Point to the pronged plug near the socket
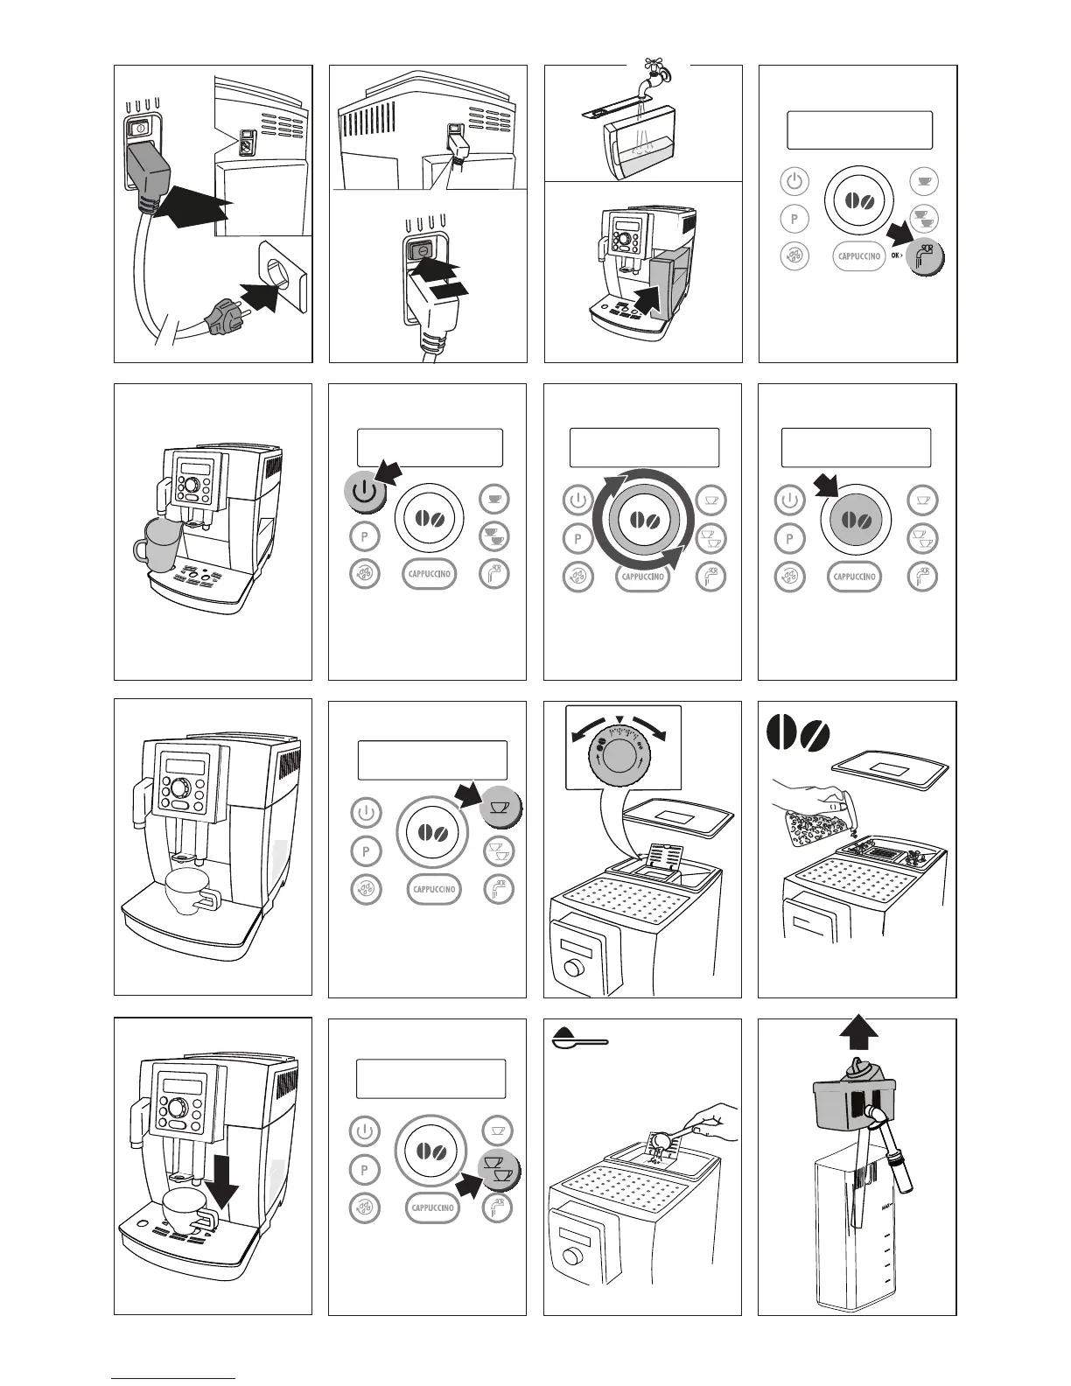click(x=222, y=315)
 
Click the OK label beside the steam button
click(x=896, y=256)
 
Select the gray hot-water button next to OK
click(x=925, y=256)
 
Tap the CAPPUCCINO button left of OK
click(x=858, y=256)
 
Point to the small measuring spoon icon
click(x=579, y=1040)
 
